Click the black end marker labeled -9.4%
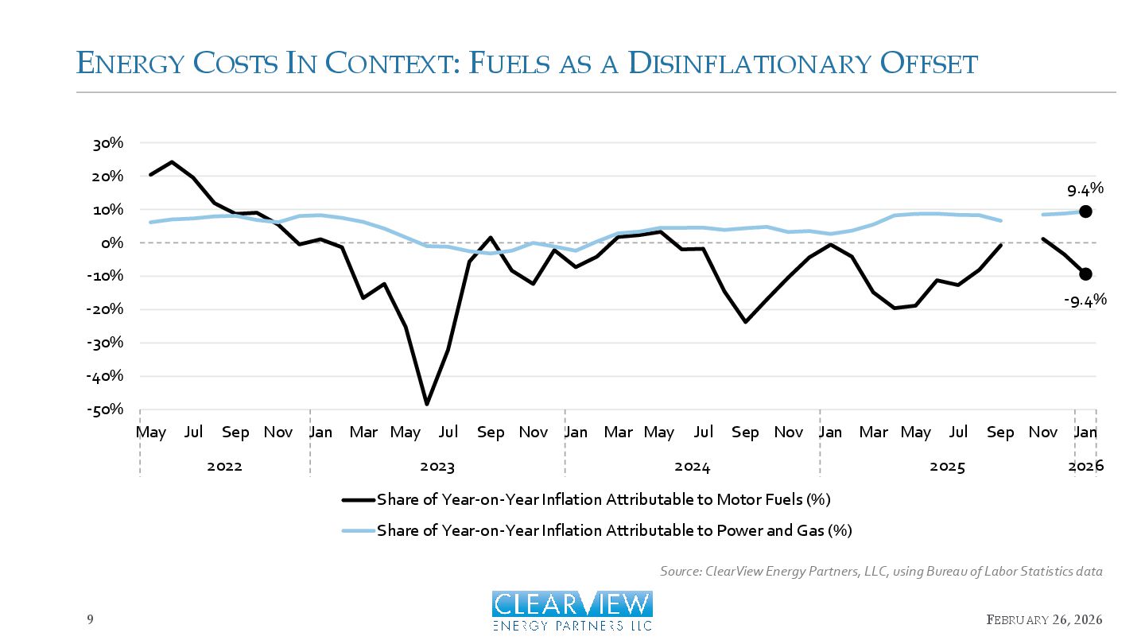click(x=1085, y=274)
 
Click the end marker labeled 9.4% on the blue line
click(x=1085, y=211)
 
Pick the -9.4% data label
click(x=1085, y=301)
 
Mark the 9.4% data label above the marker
click(x=1085, y=189)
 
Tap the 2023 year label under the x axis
click(x=437, y=467)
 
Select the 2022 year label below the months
click(x=224, y=467)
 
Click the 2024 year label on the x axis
click(x=692, y=467)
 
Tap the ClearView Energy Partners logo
click(x=572, y=611)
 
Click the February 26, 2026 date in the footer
click(x=1045, y=619)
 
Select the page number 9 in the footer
click(x=90, y=619)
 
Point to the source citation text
click(x=881, y=572)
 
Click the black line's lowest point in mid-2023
click(x=427, y=405)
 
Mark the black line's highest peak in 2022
click(x=172, y=162)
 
